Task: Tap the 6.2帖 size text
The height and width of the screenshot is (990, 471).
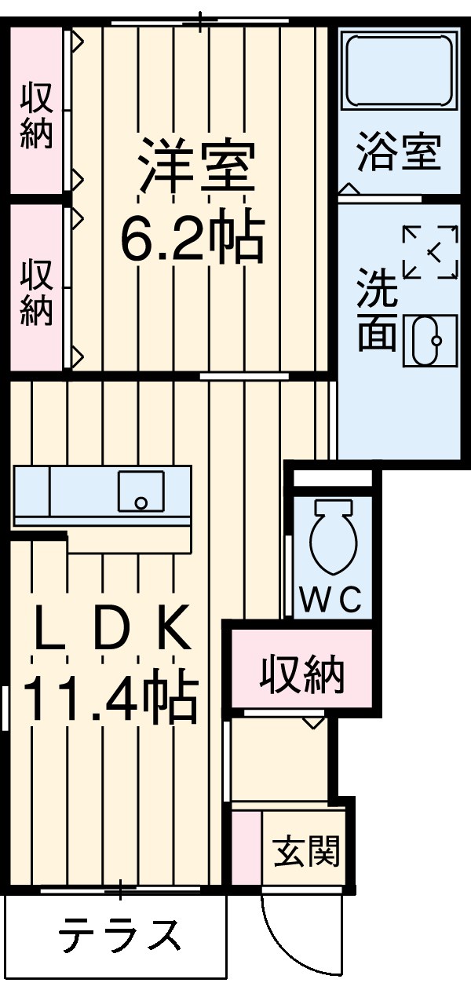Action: tap(191, 236)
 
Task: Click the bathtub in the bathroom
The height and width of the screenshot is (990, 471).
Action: tap(399, 71)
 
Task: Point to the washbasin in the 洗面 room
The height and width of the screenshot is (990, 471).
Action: tap(429, 341)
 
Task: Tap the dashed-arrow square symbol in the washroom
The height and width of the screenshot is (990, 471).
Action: tap(429, 251)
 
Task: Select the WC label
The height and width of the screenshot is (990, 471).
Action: tap(331, 601)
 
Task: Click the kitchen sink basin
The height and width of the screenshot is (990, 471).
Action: tap(141, 491)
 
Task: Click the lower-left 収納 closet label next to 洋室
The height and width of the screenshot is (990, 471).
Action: tap(36, 293)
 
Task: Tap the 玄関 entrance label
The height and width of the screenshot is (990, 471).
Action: tap(307, 850)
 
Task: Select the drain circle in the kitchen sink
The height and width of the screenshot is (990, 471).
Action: tap(141, 502)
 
